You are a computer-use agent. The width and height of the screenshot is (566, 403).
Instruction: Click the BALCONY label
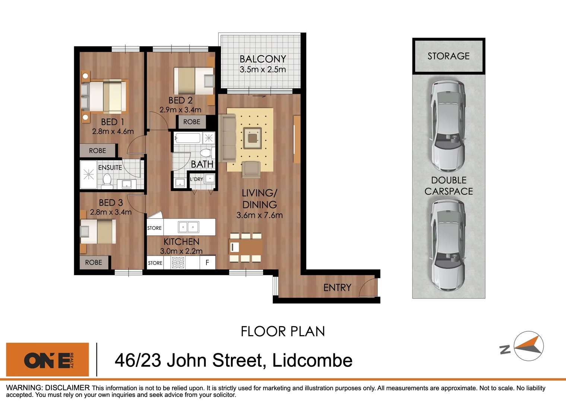pos(263,59)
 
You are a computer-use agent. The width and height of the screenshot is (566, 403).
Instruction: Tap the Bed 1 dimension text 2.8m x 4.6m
pos(113,131)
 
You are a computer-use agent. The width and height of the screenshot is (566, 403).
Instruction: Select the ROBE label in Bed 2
pos(192,122)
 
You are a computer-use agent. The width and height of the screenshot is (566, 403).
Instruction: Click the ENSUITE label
pos(110,168)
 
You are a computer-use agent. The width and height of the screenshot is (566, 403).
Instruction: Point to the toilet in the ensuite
pos(107,180)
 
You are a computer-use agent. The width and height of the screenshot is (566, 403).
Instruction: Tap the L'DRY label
pos(196,179)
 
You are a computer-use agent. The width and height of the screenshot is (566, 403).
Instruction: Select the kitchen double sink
pos(188,227)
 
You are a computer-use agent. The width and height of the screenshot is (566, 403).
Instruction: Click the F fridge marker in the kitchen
pos(207,263)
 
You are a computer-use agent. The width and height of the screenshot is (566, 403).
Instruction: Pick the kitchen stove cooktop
pos(178,263)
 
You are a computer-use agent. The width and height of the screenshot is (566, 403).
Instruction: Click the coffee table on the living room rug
pos(253,138)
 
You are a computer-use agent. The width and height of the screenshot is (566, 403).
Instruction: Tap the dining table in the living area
pos(246,247)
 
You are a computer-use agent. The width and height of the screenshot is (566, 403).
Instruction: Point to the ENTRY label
pos(337,288)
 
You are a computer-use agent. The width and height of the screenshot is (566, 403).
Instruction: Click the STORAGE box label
pos(449,56)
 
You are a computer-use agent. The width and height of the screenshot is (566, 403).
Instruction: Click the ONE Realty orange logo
pos(48,360)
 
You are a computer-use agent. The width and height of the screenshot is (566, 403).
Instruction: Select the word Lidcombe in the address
pos(312,360)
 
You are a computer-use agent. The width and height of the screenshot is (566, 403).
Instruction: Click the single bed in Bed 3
pos(98,231)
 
